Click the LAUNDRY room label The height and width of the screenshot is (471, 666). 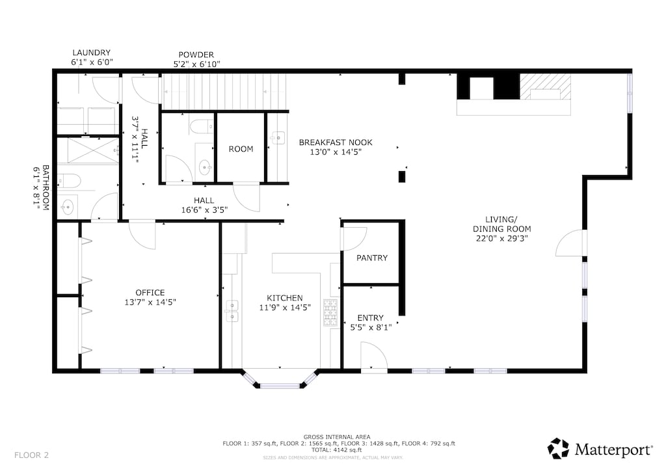91,53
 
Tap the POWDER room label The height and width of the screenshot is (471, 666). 196,55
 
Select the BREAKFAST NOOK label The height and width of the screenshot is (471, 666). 336,142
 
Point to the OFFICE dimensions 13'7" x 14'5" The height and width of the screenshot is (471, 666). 150,303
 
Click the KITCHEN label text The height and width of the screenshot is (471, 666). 285,298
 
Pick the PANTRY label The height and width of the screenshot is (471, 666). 372,258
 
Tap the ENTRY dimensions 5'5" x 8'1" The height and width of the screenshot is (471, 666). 371,327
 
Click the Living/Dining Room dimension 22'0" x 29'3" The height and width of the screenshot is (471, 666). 501,238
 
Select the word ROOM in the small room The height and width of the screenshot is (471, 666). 241,149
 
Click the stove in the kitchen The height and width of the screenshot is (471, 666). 331,313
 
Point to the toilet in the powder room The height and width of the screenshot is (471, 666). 202,126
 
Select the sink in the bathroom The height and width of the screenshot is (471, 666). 67,208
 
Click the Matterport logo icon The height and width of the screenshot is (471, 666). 557,448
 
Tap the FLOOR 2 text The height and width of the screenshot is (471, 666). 31,455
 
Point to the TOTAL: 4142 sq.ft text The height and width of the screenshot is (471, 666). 337,450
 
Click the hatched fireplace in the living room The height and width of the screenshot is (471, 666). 546,87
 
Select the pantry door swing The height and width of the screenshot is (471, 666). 355,239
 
